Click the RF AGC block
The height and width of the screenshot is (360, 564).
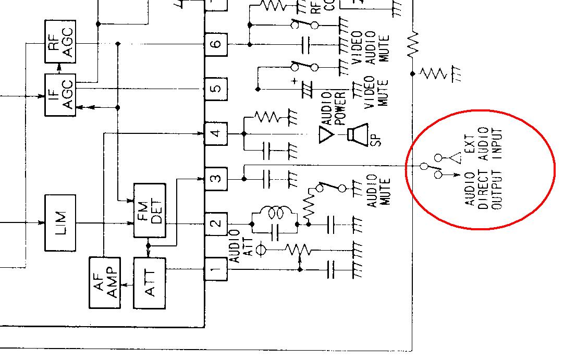[60, 42]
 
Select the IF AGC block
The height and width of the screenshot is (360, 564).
[60, 95]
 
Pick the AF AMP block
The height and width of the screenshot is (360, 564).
[105, 282]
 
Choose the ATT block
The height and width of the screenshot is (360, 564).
[150, 282]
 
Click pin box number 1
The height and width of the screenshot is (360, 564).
[216, 269]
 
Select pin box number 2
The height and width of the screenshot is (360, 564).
[216, 224]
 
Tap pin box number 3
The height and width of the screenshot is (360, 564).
[216, 179]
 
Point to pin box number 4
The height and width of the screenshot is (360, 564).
[216, 133]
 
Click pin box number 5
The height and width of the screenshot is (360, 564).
[216, 88]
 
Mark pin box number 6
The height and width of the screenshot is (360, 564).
[216, 44]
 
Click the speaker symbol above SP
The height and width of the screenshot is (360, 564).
[358, 134]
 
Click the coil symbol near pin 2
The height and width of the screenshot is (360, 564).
[275, 213]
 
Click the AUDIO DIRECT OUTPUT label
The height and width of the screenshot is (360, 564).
[483, 190]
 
